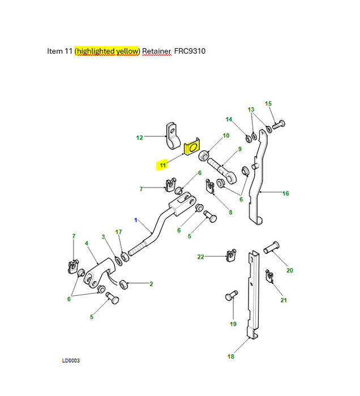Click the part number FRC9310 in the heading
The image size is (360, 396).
tap(190, 51)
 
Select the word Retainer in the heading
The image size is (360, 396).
tap(157, 51)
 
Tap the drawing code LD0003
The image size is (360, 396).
tap(71, 360)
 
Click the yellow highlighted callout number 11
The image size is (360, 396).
tap(162, 165)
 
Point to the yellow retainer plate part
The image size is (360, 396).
tap(192, 147)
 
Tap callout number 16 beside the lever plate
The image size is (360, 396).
tap(285, 193)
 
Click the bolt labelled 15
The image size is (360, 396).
tap(278, 124)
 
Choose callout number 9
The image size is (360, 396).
tap(239, 149)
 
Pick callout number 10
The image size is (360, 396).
tap(225, 136)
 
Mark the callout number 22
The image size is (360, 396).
tap(200, 257)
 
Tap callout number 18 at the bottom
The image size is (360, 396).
tap(230, 356)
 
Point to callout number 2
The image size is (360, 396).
tap(151, 284)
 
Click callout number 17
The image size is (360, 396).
tap(118, 232)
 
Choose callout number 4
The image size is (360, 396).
tap(87, 243)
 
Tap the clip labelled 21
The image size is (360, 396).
tap(270, 277)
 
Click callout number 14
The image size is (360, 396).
tap(229, 119)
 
